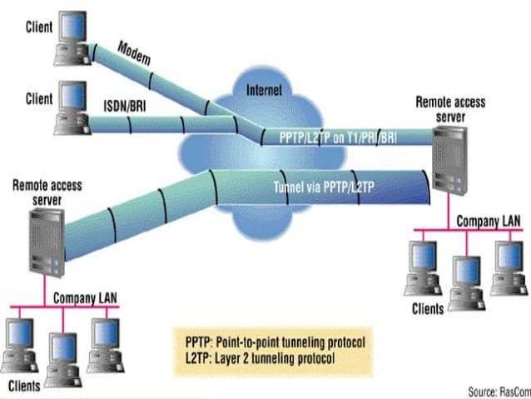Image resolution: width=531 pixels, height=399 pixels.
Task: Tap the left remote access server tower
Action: click(46, 241)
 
